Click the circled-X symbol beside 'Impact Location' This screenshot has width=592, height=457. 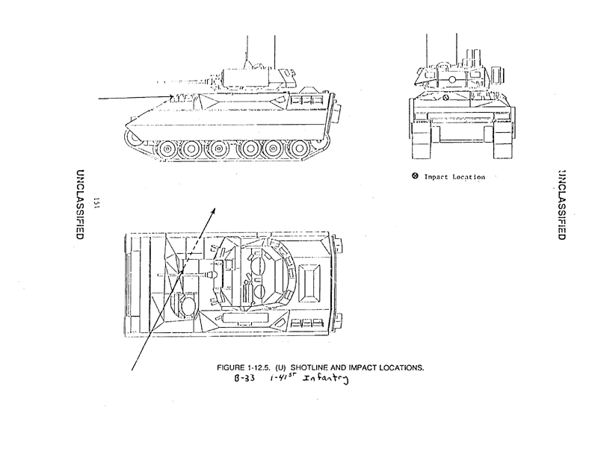pyautogui.click(x=415, y=176)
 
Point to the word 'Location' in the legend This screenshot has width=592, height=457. pyautogui.click(x=469, y=177)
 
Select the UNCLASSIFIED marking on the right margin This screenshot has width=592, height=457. pyautogui.click(x=560, y=202)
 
